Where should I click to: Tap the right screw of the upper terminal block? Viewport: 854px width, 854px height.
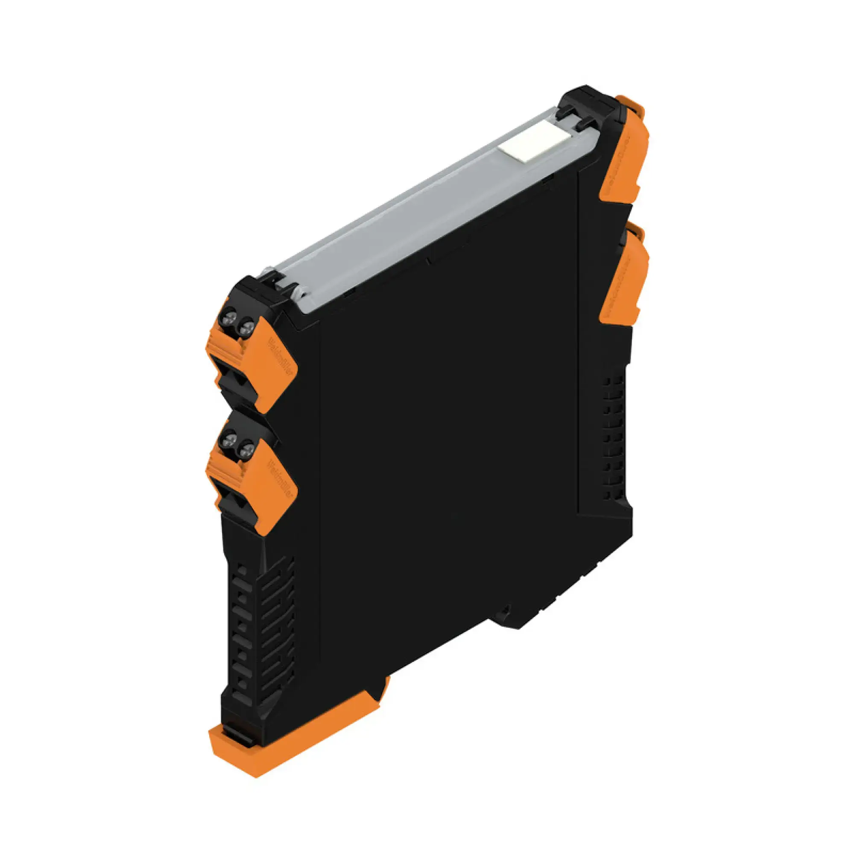pyautogui.click(x=246, y=328)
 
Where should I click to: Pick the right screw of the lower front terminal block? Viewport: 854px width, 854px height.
pyautogui.click(x=246, y=450)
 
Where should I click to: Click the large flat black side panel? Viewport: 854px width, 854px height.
pyautogui.click(x=447, y=442)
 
